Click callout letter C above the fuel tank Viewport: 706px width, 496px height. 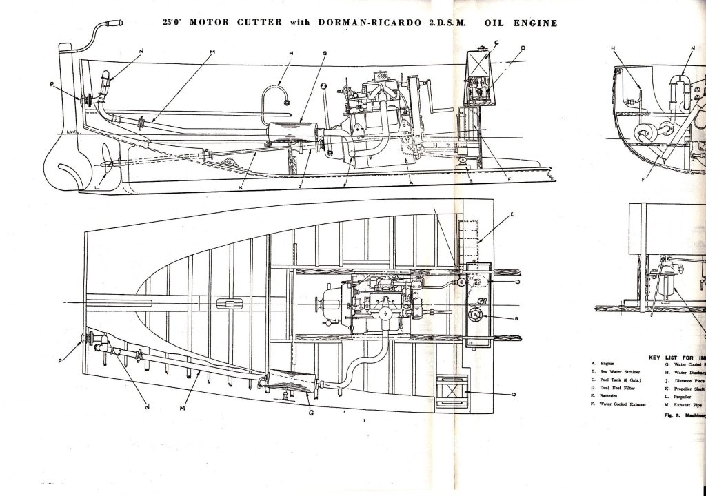tap(496, 42)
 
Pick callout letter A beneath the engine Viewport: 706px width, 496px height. tap(410, 184)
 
